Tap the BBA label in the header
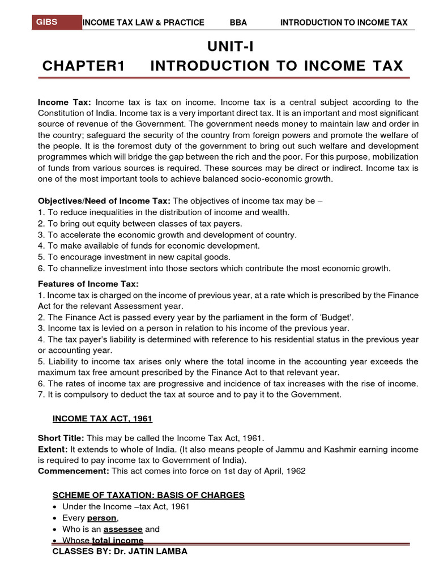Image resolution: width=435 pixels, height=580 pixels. [x=238, y=23]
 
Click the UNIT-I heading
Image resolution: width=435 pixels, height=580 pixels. [x=223, y=45]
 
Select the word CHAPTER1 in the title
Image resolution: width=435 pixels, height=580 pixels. [x=83, y=66]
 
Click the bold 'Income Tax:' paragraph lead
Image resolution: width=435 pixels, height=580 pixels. [x=65, y=103]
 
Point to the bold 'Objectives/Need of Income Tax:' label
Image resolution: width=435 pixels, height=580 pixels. [x=104, y=202]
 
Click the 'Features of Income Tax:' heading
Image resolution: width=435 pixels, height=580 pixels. [x=88, y=284]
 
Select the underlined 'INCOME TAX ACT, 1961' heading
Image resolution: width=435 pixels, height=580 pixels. [x=103, y=419]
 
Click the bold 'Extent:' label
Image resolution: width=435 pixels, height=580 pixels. [x=53, y=449]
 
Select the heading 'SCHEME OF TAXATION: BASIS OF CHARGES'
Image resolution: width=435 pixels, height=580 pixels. [x=148, y=495]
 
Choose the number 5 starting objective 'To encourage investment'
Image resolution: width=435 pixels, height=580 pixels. [x=41, y=257]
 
